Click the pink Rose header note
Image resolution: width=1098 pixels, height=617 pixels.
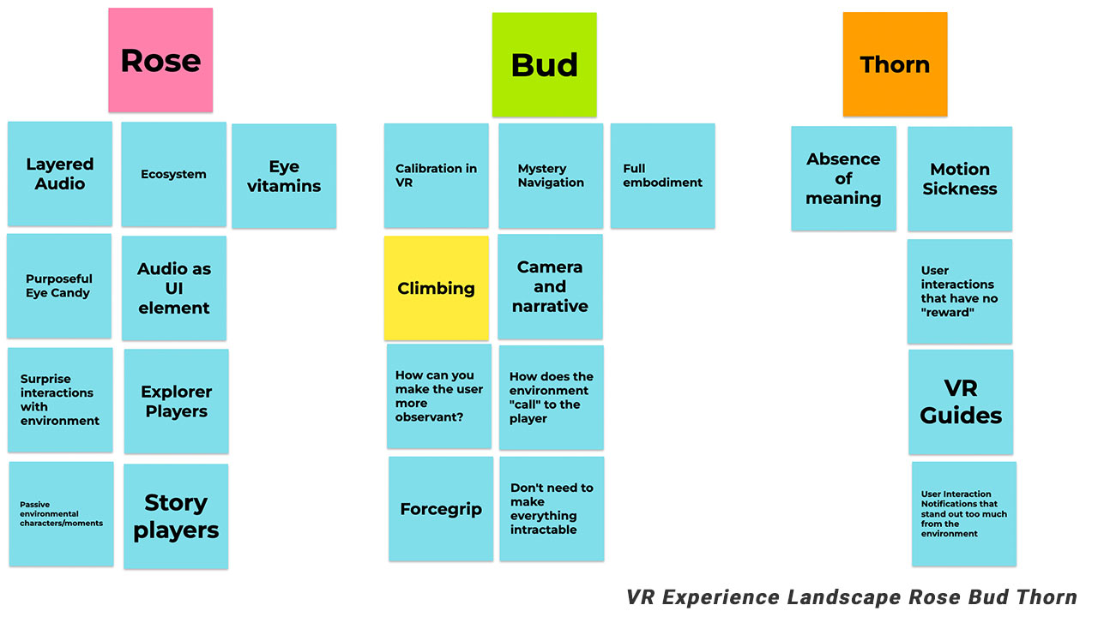(160, 60)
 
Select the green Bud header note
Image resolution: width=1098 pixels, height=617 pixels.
(544, 65)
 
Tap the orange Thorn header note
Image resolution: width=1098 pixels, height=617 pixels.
(895, 64)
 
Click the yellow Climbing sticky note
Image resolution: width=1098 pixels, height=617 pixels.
(436, 288)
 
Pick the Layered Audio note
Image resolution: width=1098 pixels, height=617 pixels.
(60, 173)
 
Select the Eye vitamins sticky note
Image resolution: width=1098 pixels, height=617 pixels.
(284, 176)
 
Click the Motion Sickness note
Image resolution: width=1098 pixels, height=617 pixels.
(960, 178)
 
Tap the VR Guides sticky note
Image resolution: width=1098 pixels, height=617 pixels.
(961, 402)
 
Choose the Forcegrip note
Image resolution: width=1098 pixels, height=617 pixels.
(441, 509)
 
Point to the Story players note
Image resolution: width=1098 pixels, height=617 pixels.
(176, 516)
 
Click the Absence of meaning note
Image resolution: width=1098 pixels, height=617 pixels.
(843, 178)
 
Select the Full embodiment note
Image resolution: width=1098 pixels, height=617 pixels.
(662, 175)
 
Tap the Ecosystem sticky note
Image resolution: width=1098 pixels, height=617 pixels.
(173, 174)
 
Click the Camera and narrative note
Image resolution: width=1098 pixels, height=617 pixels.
(550, 286)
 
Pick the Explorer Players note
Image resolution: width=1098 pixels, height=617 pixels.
(176, 401)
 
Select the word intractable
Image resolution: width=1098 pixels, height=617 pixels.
(544, 530)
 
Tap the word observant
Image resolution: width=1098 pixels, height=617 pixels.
(429, 417)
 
